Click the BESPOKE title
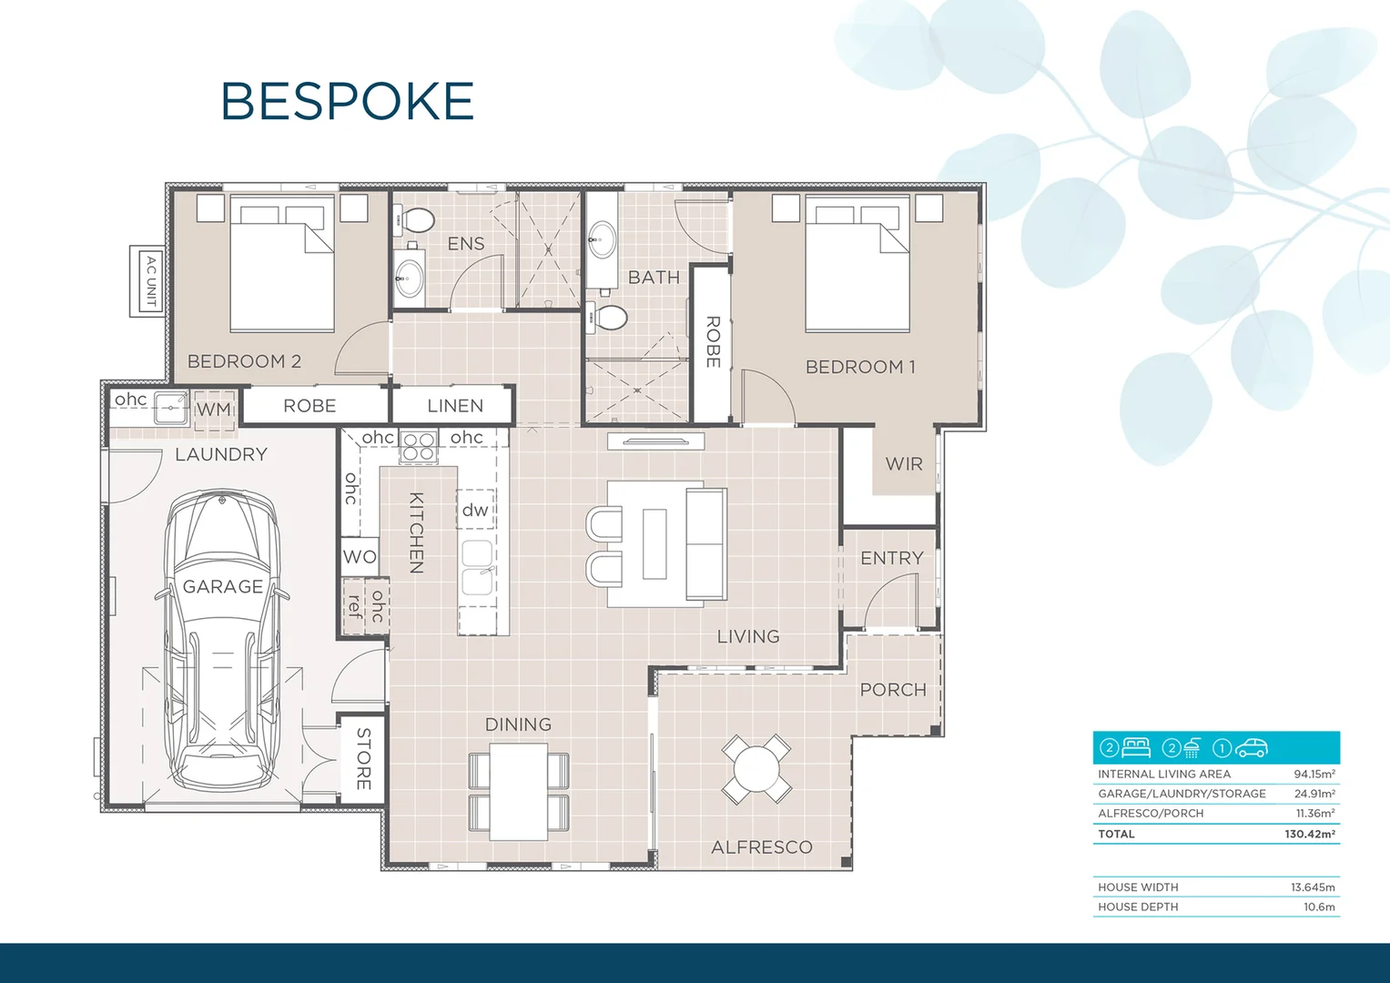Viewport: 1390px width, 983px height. click(348, 100)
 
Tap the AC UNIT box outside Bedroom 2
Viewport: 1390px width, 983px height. click(147, 281)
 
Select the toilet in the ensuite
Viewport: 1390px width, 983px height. click(414, 219)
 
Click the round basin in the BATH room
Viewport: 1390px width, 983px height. click(603, 238)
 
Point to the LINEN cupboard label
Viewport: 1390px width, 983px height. click(455, 406)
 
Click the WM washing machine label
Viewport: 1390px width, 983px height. click(214, 410)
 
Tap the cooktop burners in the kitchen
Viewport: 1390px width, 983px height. click(418, 447)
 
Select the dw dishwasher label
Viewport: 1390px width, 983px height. click(475, 510)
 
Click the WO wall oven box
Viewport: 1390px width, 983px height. click(360, 556)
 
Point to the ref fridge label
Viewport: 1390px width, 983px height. click(354, 606)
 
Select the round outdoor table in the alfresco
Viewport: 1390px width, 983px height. click(756, 769)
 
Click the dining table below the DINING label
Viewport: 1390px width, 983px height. click(518, 792)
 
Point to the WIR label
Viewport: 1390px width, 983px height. click(904, 463)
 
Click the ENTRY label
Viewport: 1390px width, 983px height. click(892, 558)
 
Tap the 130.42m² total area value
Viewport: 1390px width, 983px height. click(1309, 834)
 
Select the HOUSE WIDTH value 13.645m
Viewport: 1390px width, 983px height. click(1313, 887)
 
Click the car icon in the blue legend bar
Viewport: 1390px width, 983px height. click(1251, 748)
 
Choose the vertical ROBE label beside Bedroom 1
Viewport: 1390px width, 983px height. click(713, 342)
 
